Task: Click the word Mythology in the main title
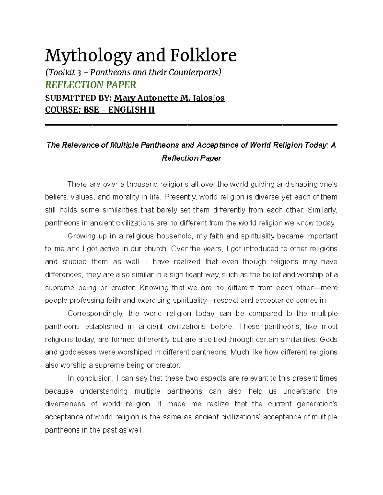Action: pyautogui.click(x=88, y=56)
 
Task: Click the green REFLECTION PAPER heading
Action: pyautogui.click(x=91, y=85)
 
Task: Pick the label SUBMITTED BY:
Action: pyautogui.click(x=78, y=98)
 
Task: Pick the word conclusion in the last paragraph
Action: pyautogui.click(x=95, y=378)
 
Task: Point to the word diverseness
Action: pyautogui.click(x=65, y=404)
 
